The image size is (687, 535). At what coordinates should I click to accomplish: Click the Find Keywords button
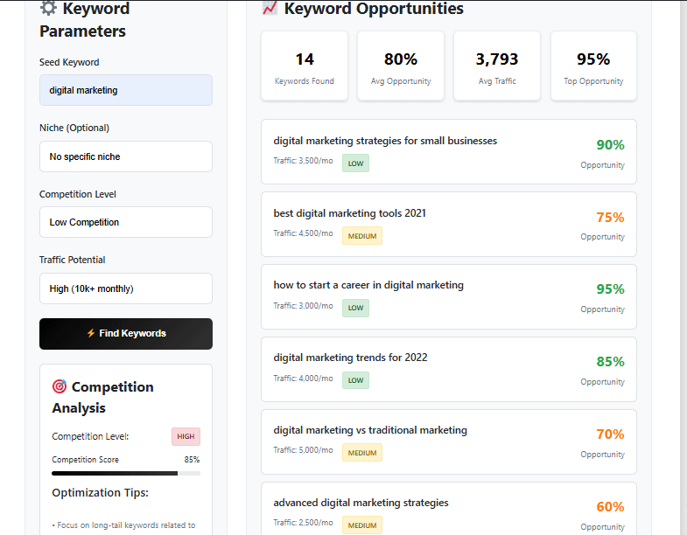coord(126,333)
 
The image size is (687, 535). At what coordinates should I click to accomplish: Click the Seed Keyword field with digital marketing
coord(126,90)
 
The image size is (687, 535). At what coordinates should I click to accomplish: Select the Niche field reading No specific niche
coord(126,156)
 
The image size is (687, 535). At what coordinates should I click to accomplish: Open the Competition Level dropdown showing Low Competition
coord(126,222)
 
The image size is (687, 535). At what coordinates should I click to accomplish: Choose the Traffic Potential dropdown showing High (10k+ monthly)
coord(126,288)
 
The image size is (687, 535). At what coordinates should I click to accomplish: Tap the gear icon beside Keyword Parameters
coord(49,9)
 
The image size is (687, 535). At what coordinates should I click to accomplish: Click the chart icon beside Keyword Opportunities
coord(270,9)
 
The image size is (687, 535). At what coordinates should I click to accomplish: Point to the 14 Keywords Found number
coord(305,59)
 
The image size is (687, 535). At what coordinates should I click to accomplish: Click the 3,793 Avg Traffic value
coord(497,59)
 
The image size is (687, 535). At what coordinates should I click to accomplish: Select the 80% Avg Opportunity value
coord(401,59)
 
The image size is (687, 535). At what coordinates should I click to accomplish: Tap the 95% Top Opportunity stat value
coord(593,59)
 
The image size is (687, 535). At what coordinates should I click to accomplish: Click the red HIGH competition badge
coord(186,436)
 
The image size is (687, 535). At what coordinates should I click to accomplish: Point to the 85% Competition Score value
coord(191,460)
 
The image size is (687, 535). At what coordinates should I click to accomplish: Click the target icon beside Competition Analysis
coord(60,386)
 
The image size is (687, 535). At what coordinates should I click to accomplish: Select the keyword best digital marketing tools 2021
coord(350,213)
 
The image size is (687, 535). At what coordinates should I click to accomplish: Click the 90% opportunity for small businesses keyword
coord(610,145)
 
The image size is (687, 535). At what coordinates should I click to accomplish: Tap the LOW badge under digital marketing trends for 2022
coord(355,380)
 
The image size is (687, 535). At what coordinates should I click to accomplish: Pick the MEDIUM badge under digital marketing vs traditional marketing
coord(362,453)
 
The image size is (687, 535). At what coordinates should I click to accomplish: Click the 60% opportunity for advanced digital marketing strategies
coord(610,507)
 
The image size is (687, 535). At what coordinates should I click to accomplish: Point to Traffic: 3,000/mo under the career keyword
coord(303,306)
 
